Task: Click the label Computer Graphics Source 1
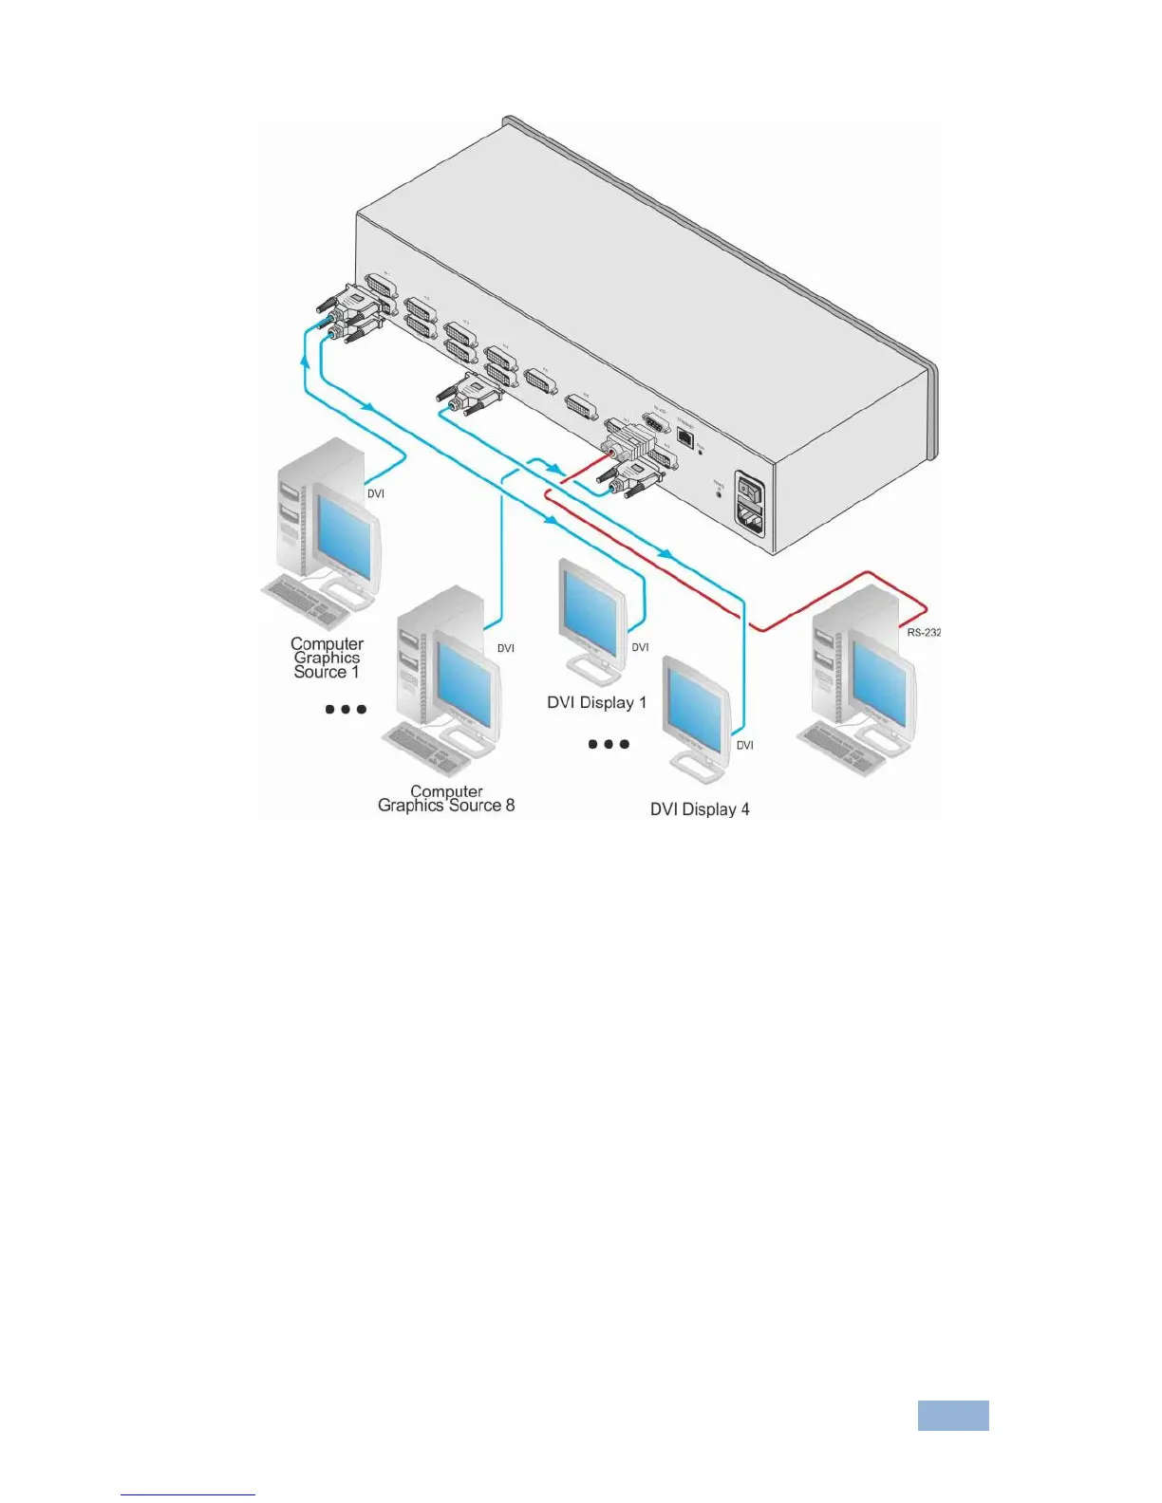(x=327, y=658)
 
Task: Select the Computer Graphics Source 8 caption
(x=446, y=799)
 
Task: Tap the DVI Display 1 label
(x=596, y=703)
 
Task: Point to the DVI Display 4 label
(x=700, y=809)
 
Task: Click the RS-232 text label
(x=923, y=632)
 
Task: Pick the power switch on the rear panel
(x=752, y=491)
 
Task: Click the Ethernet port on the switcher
(x=684, y=438)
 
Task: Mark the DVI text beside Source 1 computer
(x=376, y=493)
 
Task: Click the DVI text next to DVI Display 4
(x=745, y=746)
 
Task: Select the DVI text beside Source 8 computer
(x=506, y=648)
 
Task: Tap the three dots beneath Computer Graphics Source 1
(x=346, y=709)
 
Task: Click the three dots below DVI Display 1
(x=609, y=744)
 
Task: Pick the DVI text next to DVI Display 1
(x=641, y=647)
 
